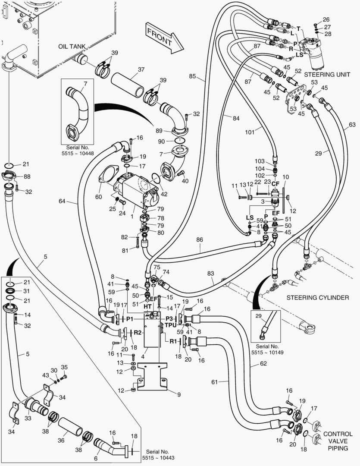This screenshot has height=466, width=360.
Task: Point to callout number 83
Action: (210, 273)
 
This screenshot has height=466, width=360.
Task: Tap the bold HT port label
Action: (147, 306)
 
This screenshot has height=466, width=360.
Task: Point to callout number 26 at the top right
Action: (326, 19)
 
